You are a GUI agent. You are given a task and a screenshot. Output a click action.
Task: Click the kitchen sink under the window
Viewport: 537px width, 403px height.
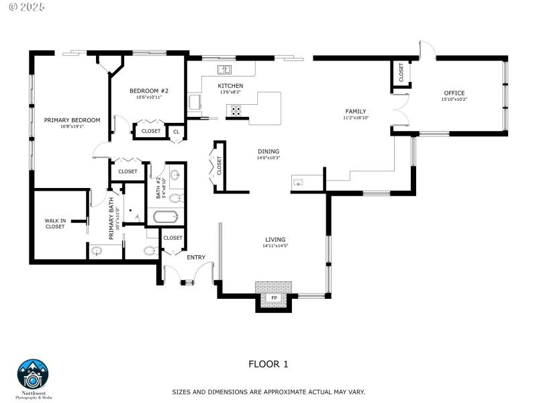pos(224,70)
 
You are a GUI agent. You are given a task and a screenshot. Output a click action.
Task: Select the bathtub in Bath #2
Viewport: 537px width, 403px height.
pos(165,217)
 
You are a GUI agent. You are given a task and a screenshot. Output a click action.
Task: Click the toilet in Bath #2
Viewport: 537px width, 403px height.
pos(175,198)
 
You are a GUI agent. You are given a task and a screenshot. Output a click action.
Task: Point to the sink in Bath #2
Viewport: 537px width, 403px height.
pos(175,176)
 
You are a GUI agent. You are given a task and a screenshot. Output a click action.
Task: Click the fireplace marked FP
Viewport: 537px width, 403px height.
pos(274,298)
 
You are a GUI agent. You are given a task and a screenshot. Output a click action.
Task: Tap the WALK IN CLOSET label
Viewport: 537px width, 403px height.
pos(55,223)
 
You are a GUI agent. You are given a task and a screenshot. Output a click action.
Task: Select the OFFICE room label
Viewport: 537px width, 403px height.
pos(454,93)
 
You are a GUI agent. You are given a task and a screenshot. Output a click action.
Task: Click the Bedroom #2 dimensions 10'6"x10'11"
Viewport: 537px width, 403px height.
pos(149,97)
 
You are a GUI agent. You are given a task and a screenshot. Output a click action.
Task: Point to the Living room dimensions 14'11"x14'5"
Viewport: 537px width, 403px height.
pos(275,247)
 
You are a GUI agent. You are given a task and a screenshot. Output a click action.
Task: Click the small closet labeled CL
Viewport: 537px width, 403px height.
pos(176,132)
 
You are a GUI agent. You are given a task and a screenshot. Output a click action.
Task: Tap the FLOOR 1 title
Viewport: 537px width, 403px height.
pos(268,364)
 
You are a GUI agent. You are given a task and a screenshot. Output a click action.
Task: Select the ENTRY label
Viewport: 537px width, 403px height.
pos(196,257)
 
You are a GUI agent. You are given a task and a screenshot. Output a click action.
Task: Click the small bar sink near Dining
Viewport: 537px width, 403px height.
pos(299,182)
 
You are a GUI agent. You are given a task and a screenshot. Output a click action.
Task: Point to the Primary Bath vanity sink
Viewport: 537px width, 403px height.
pos(97,252)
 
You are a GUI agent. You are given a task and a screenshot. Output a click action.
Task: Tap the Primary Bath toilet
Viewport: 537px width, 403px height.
pos(149,252)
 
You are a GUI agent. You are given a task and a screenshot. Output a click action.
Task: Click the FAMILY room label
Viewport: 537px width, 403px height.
pos(355,111)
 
